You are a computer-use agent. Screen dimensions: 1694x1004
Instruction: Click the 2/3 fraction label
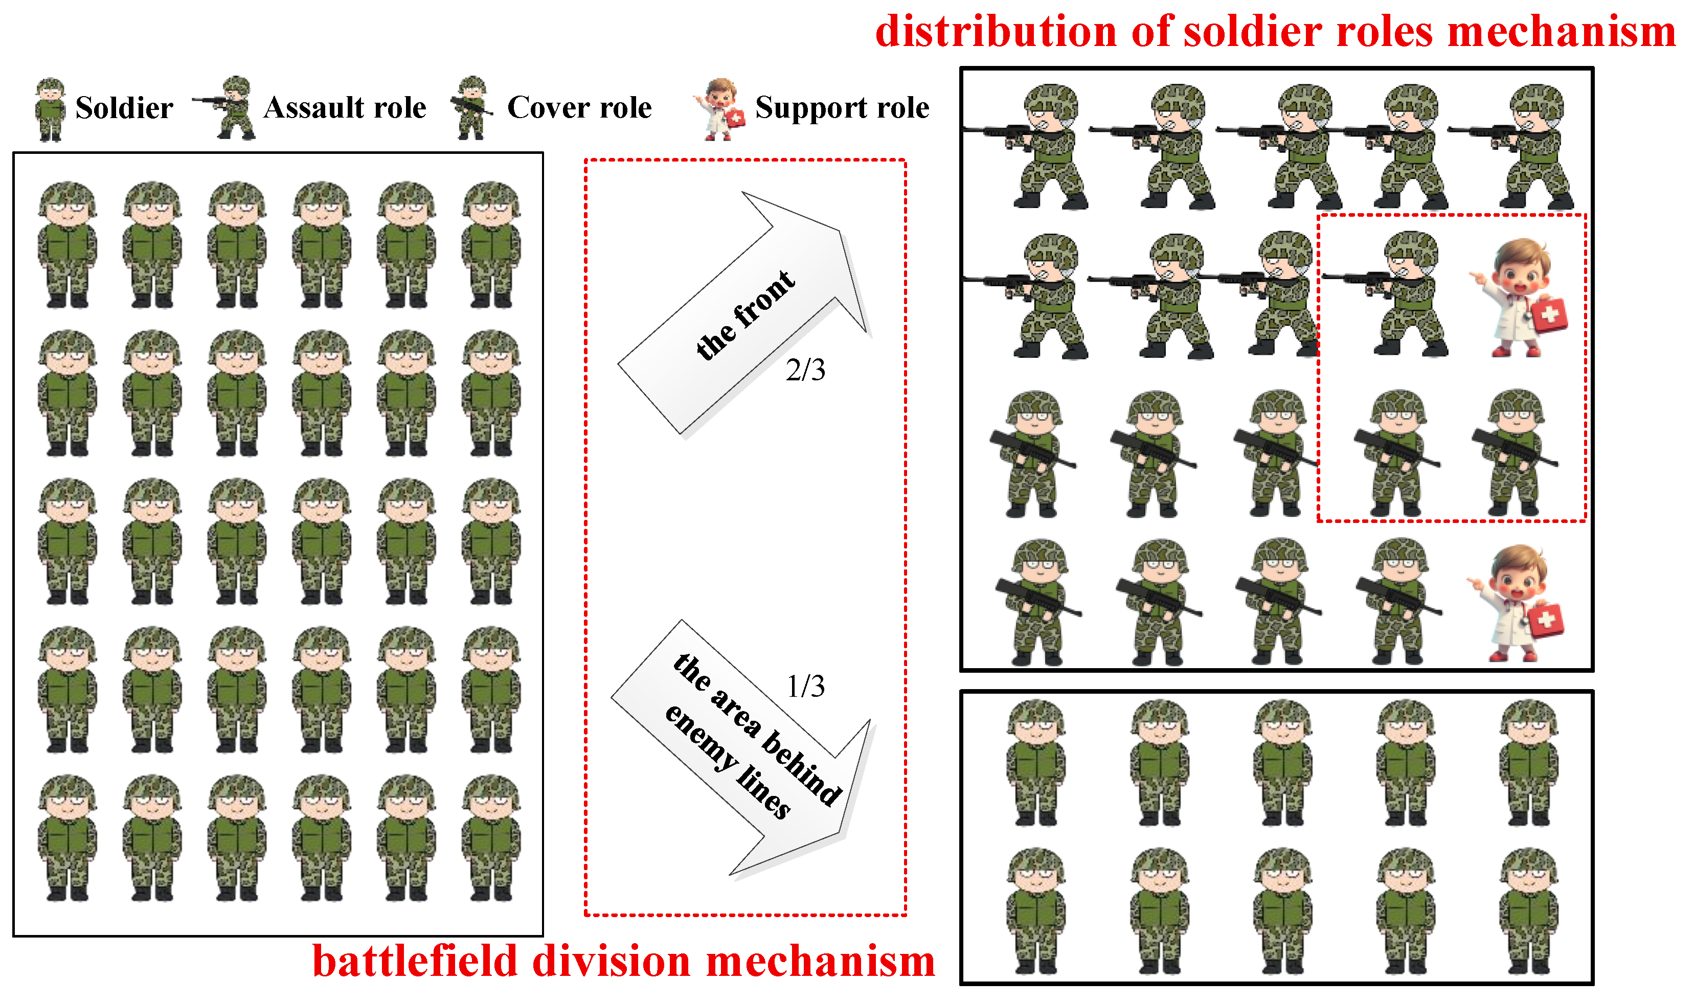coord(805,370)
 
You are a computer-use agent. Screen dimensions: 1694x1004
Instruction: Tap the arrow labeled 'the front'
coord(744,312)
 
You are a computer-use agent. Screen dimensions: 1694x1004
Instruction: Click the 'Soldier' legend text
coord(124,107)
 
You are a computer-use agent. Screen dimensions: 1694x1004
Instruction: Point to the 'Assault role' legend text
coord(345,107)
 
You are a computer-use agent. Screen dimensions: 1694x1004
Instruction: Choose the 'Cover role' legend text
coord(580,107)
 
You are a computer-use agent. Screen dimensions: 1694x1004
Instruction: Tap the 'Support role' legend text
coord(842,107)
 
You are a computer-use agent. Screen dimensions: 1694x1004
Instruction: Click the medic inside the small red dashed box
coord(1518,297)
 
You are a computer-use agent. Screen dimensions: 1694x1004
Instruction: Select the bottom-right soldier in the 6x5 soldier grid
coord(491,838)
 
